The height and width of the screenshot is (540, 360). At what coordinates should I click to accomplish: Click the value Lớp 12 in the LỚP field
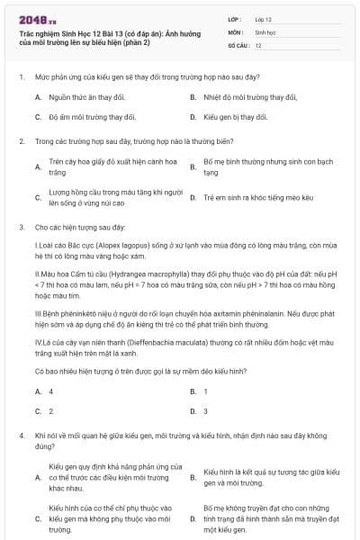coord(264,19)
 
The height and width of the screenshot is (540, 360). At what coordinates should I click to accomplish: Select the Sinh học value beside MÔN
coord(265,31)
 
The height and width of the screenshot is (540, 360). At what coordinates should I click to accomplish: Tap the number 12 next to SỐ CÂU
coord(258,44)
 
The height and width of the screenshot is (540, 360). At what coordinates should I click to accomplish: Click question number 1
coord(20,77)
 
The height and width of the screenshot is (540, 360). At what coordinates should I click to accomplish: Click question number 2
coord(20,141)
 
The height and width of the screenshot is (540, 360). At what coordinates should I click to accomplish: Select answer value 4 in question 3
coord(50,391)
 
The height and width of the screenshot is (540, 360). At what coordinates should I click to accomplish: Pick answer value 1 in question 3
coord(205,391)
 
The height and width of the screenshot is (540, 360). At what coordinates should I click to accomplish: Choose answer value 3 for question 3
coord(205,411)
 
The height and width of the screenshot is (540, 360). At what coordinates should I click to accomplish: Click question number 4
coord(20,435)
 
